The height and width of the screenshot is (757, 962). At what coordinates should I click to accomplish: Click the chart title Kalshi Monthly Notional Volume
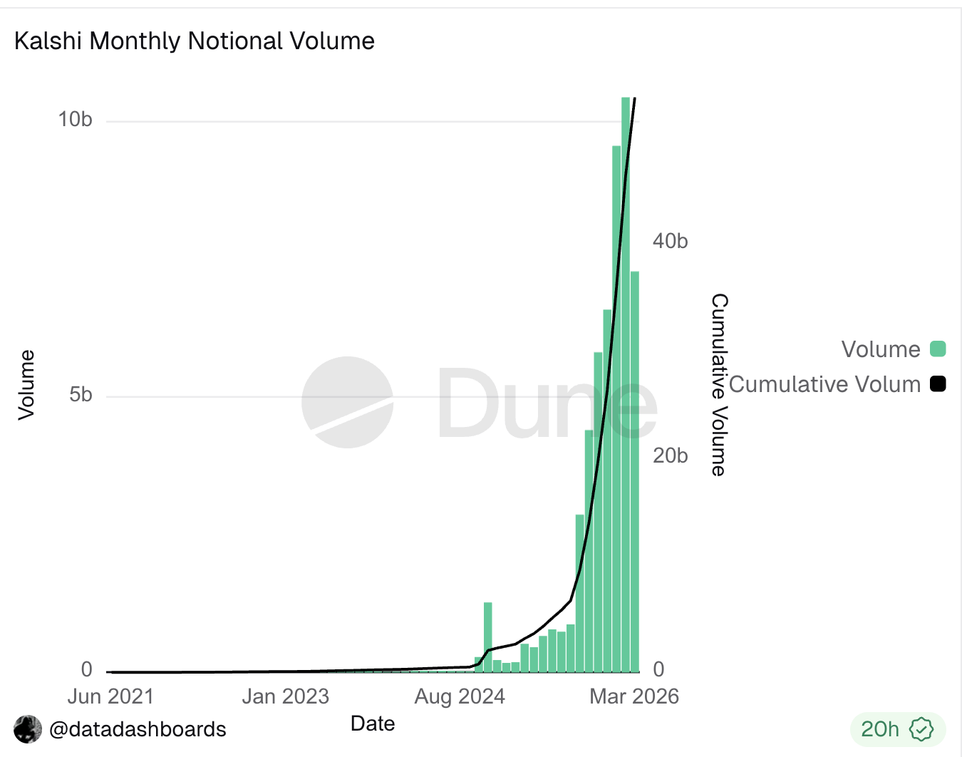[x=194, y=41]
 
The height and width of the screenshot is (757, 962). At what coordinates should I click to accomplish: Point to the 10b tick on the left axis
[x=76, y=120]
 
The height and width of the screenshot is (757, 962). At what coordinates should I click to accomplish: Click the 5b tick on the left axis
[x=81, y=394]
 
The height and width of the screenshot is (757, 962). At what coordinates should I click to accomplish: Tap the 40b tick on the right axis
[x=670, y=241]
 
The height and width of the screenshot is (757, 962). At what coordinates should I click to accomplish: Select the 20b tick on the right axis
[x=670, y=455]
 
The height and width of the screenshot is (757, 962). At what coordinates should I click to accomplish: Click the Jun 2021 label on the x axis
[x=110, y=696]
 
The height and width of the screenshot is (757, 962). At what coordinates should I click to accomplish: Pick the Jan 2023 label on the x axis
[x=285, y=696]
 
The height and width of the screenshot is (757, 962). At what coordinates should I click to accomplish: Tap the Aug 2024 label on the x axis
[x=460, y=696]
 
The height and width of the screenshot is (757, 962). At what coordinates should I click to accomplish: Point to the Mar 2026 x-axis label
[x=634, y=696]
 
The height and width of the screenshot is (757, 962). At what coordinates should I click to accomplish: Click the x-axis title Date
[x=373, y=723]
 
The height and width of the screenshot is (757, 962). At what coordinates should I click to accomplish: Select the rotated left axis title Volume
[x=26, y=385]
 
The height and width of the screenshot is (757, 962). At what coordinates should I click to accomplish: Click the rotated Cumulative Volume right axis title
[x=720, y=385]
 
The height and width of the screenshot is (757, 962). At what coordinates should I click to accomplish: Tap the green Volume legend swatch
[x=938, y=349]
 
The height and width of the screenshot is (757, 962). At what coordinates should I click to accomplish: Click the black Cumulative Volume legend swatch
[x=938, y=384]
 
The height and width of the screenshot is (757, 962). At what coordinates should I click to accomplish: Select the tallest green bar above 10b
[x=626, y=385]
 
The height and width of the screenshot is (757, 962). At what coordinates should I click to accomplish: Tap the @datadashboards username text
[x=138, y=729]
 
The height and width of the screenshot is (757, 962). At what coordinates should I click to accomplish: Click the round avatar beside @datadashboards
[x=28, y=729]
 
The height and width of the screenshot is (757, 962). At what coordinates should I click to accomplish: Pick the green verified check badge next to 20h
[x=922, y=729]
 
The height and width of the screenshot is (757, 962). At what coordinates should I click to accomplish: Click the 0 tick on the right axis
[x=658, y=669]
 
